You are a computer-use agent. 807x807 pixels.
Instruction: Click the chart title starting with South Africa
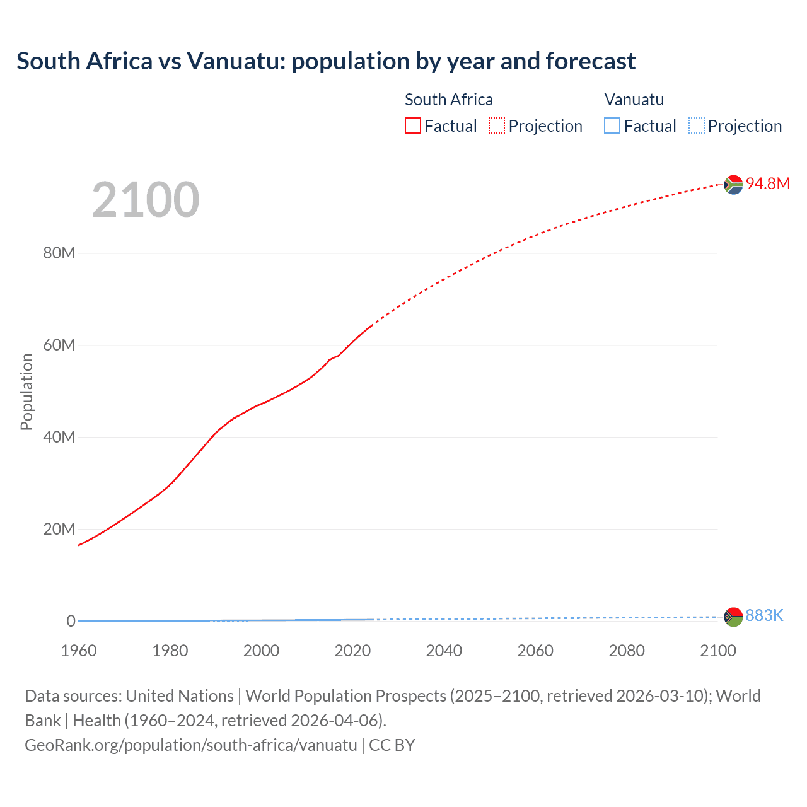(x=325, y=61)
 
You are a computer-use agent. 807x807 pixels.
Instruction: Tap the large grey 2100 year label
(x=146, y=200)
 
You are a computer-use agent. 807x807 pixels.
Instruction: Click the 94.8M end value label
(x=767, y=183)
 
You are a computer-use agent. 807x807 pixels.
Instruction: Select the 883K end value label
(x=763, y=616)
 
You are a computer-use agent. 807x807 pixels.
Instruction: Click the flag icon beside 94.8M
(x=733, y=185)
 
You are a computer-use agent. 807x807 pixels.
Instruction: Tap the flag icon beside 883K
(x=733, y=617)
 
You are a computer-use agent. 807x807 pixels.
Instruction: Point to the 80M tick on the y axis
(x=59, y=253)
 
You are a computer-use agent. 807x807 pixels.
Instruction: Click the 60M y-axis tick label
(x=59, y=345)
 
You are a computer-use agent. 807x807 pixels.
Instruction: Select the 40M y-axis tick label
(x=59, y=438)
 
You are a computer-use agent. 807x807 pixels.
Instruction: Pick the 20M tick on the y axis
(x=59, y=530)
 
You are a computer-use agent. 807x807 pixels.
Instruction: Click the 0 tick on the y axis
(x=71, y=622)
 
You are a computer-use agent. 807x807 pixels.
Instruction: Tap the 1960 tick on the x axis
(x=79, y=651)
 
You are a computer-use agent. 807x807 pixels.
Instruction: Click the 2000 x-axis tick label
(x=261, y=651)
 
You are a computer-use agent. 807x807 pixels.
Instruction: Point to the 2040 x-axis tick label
(x=444, y=651)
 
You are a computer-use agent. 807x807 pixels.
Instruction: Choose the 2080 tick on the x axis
(x=626, y=651)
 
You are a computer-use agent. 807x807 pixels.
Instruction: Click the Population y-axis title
(x=26, y=392)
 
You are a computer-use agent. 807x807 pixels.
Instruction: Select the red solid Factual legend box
(x=413, y=126)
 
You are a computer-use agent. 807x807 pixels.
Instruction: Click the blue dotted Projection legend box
(x=696, y=126)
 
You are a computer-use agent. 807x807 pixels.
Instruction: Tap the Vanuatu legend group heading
(x=634, y=100)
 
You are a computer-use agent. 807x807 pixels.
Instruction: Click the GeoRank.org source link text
(x=191, y=745)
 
